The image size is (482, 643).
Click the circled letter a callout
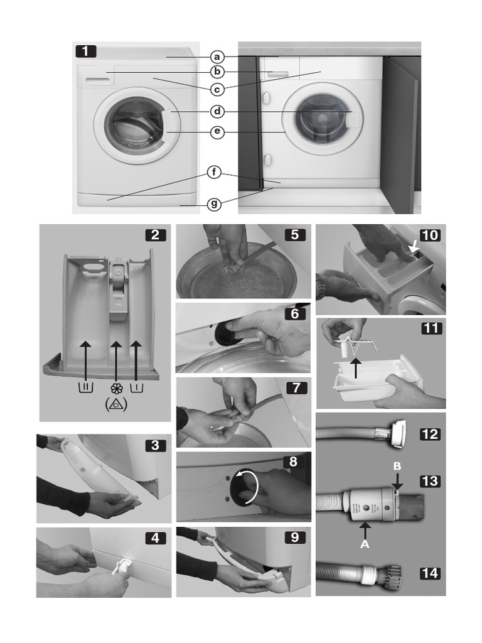click(217, 57)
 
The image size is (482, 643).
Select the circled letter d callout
click(217, 112)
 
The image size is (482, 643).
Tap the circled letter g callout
click(215, 203)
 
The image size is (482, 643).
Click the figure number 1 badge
click(86, 51)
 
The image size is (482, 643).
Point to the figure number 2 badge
click(155, 235)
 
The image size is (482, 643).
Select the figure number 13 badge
click(430, 481)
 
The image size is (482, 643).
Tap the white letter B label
click(396, 467)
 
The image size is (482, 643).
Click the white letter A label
click(365, 545)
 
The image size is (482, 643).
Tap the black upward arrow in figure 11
click(356, 367)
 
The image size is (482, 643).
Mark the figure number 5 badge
click(295, 235)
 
